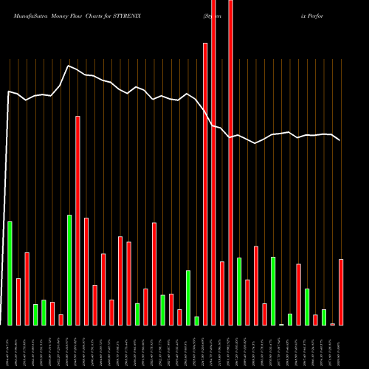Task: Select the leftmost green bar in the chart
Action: tap(10, 273)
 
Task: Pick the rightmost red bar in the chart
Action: tap(341, 292)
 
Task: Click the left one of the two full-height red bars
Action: tap(213, 162)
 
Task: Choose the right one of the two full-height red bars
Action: tap(230, 162)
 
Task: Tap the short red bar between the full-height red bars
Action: tap(222, 293)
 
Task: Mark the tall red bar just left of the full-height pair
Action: tap(205, 184)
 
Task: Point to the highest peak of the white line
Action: tap(69, 66)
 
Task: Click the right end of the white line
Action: tap(339, 139)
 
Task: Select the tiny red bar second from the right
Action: tap(333, 324)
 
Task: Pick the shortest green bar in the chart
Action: tap(281, 324)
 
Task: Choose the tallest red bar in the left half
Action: tap(77, 220)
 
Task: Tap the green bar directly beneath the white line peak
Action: tap(69, 269)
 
